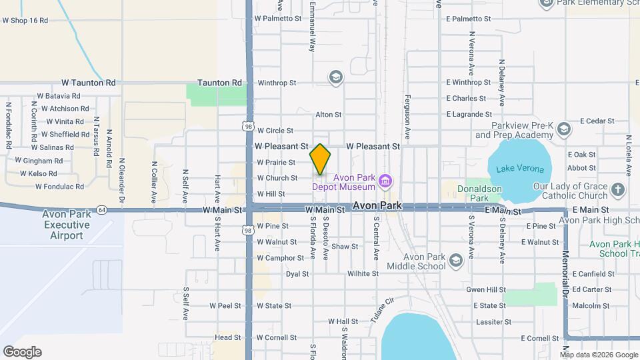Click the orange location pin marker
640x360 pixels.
pyautogui.click(x=321, y=159)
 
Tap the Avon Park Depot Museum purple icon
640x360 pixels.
pyautogui.click(x=385, y=181)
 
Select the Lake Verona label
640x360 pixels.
pyautogui.click(x=524, y=169)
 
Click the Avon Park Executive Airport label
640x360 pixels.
pyautogui.click(x=67, y=225)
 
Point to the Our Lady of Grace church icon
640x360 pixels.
pyautogui.click(x=617, y=189)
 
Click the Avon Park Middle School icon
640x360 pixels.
pyautogui.click(x=456, y=260)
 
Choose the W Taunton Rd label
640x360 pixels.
pyautogui.click(x=89, y=83)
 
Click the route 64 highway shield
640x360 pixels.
pyautogui.click(x=101, y=209)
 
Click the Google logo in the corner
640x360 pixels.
pyautogui.click(x=22, y=352)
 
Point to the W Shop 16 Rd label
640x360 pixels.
pyautogui.click(x=25, y=21)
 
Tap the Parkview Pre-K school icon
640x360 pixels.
pyautogui.click(x=564, y=129)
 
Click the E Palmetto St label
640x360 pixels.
pyautogui.click(x=468, y=19)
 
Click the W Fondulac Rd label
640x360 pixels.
pyautogui.click(x=59, y=187)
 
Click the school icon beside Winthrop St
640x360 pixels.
pyautogui.click(x=335, y=79)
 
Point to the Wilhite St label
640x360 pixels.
pyautogui.click(x=363, y=273)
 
